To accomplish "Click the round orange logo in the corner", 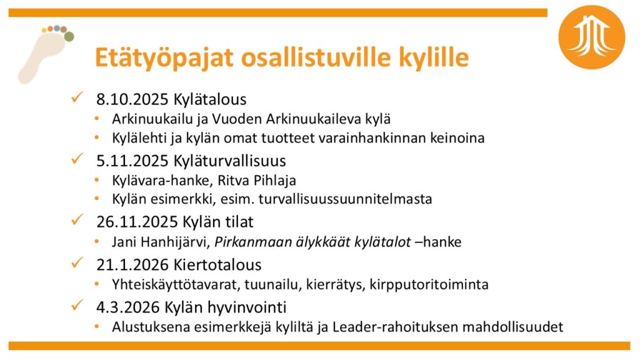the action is point(591,37).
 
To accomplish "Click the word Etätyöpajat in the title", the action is point(164,57).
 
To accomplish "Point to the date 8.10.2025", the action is point(132,99).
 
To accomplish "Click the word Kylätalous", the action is point(210,99).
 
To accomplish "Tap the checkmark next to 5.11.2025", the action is point(77,159).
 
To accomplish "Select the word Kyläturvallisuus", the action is point(229,161).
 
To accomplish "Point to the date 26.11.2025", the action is point(137,222).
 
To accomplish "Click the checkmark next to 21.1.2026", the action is point(77,263).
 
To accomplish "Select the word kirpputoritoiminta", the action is point(429,284).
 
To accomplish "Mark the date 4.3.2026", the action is point(128,307).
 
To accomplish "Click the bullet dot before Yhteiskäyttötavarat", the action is point(97,283).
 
